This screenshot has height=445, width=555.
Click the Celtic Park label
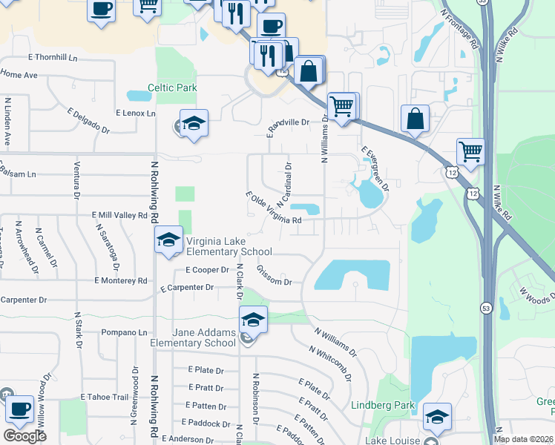172,88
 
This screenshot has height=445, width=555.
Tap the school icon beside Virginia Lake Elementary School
168,240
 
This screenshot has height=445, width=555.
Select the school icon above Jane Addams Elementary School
253,320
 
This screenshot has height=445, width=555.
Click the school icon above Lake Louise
437,417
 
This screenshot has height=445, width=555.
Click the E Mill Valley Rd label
119,215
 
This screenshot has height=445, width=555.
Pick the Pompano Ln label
125,332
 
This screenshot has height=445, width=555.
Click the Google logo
24,435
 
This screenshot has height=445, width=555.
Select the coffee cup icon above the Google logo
20,409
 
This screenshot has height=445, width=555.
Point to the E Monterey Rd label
121,280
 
